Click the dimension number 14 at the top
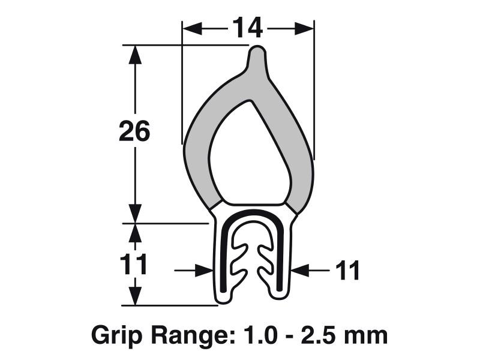pyautogui.click(x=248, y=28)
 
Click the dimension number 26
pyautogui.click(x=134, y=131)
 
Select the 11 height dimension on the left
pyautogui.click(x=133, y=265)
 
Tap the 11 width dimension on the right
pyautogui.click(x=347, y=271)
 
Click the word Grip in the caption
pyautogui.click(x=114, y=334)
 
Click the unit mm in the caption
pyautogui.click(x=367, y=334)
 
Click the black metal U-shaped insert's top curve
pyautogui.click(x=252, y=214)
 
